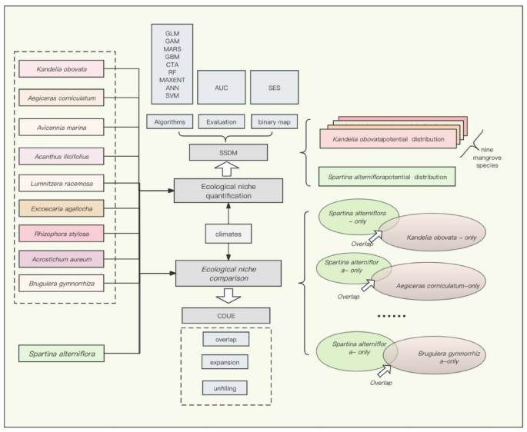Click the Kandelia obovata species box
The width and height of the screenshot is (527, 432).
[68, 70]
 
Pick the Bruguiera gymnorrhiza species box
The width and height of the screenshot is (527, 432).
[68, 285]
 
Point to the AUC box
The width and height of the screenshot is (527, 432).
[221, 87]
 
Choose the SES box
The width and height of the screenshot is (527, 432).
[273, 87]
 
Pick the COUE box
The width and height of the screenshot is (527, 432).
[225, 315]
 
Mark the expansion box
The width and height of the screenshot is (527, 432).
[226, 361]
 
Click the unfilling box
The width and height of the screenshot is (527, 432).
[226, 387]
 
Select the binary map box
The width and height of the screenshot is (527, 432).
[273, 121]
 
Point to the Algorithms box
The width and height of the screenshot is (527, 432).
[169, 121]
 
